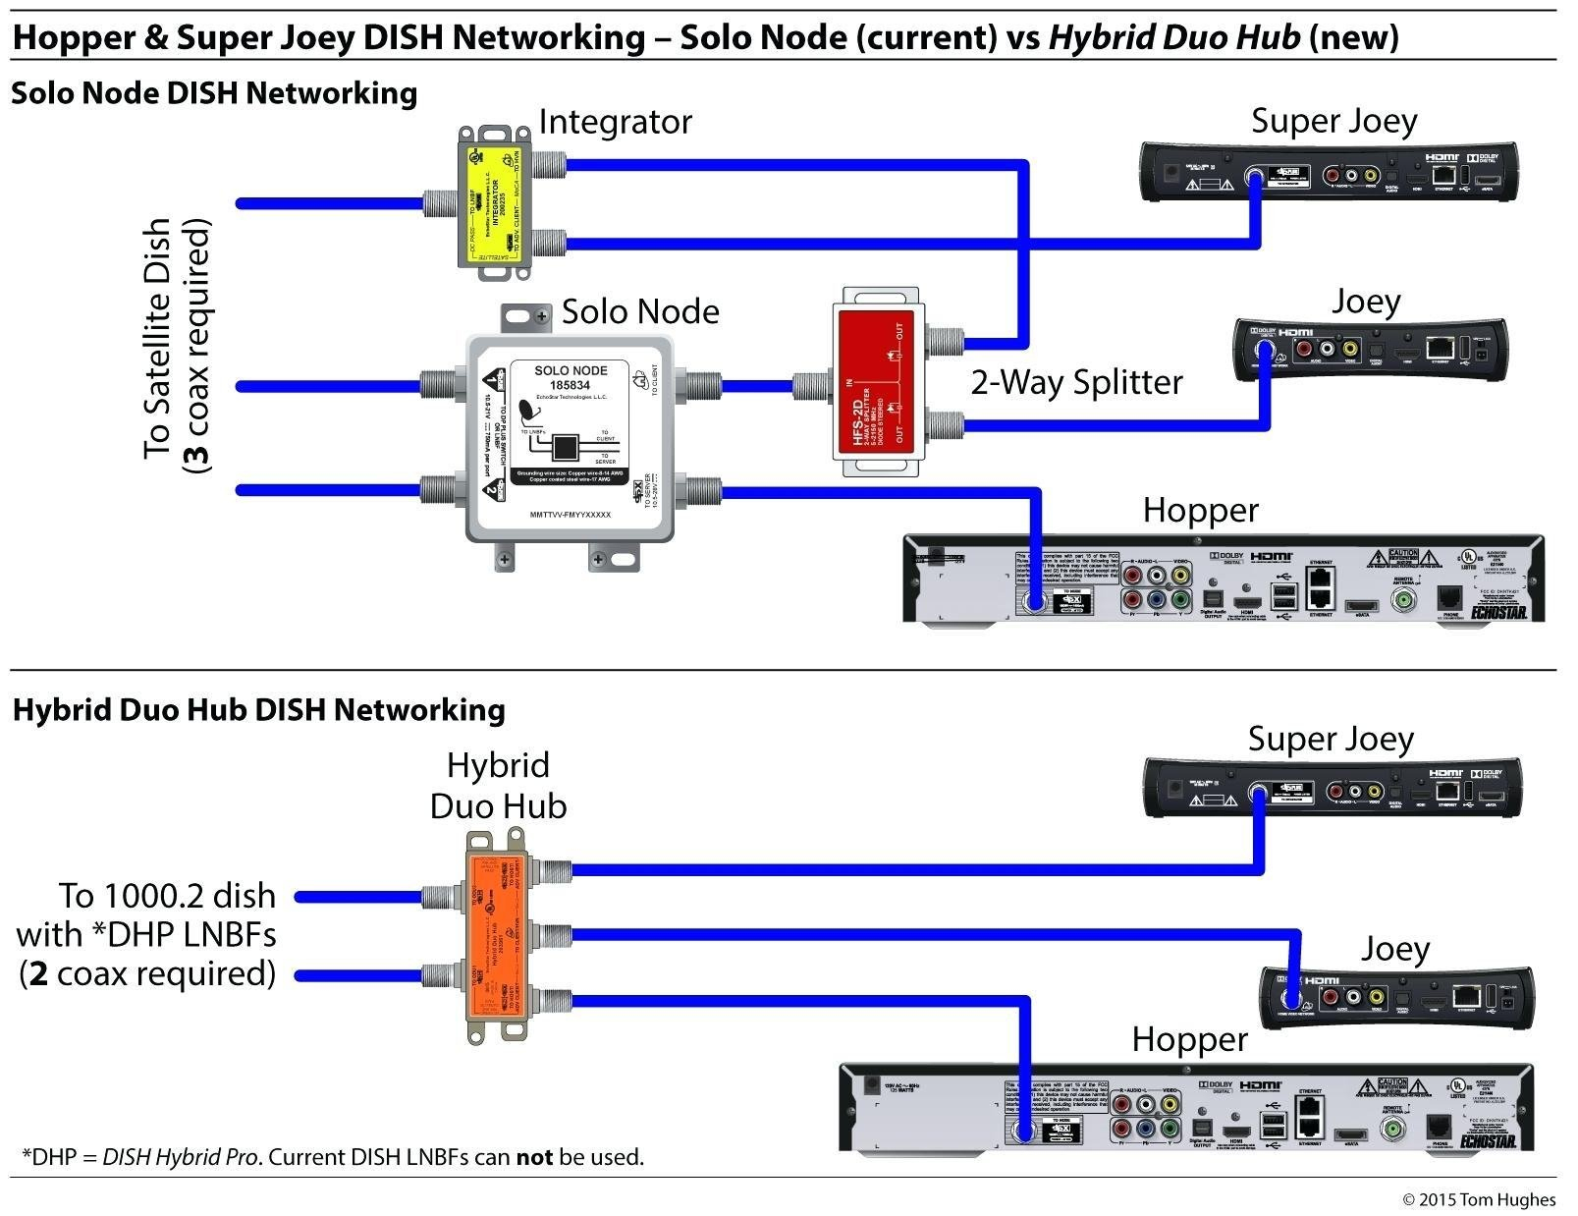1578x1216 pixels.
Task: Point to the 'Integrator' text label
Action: pos(615,122)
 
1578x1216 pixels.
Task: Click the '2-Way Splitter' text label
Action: pos(1076,382)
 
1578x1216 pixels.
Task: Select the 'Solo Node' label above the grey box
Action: pos(640,311)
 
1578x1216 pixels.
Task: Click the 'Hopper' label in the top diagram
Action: pos(1200,510)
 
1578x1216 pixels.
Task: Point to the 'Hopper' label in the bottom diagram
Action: pos(1189,1039)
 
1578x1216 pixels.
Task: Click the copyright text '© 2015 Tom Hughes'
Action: pos(1479,1199)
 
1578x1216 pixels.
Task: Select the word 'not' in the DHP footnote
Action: pos(535,1157)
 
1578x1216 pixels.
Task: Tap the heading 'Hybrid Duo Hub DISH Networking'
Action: pos(258,710)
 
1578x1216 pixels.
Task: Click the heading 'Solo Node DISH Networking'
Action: pos(214,93)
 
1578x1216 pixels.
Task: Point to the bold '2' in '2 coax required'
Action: pos(39,973)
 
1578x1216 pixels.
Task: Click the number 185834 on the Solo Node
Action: pos(570,385)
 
